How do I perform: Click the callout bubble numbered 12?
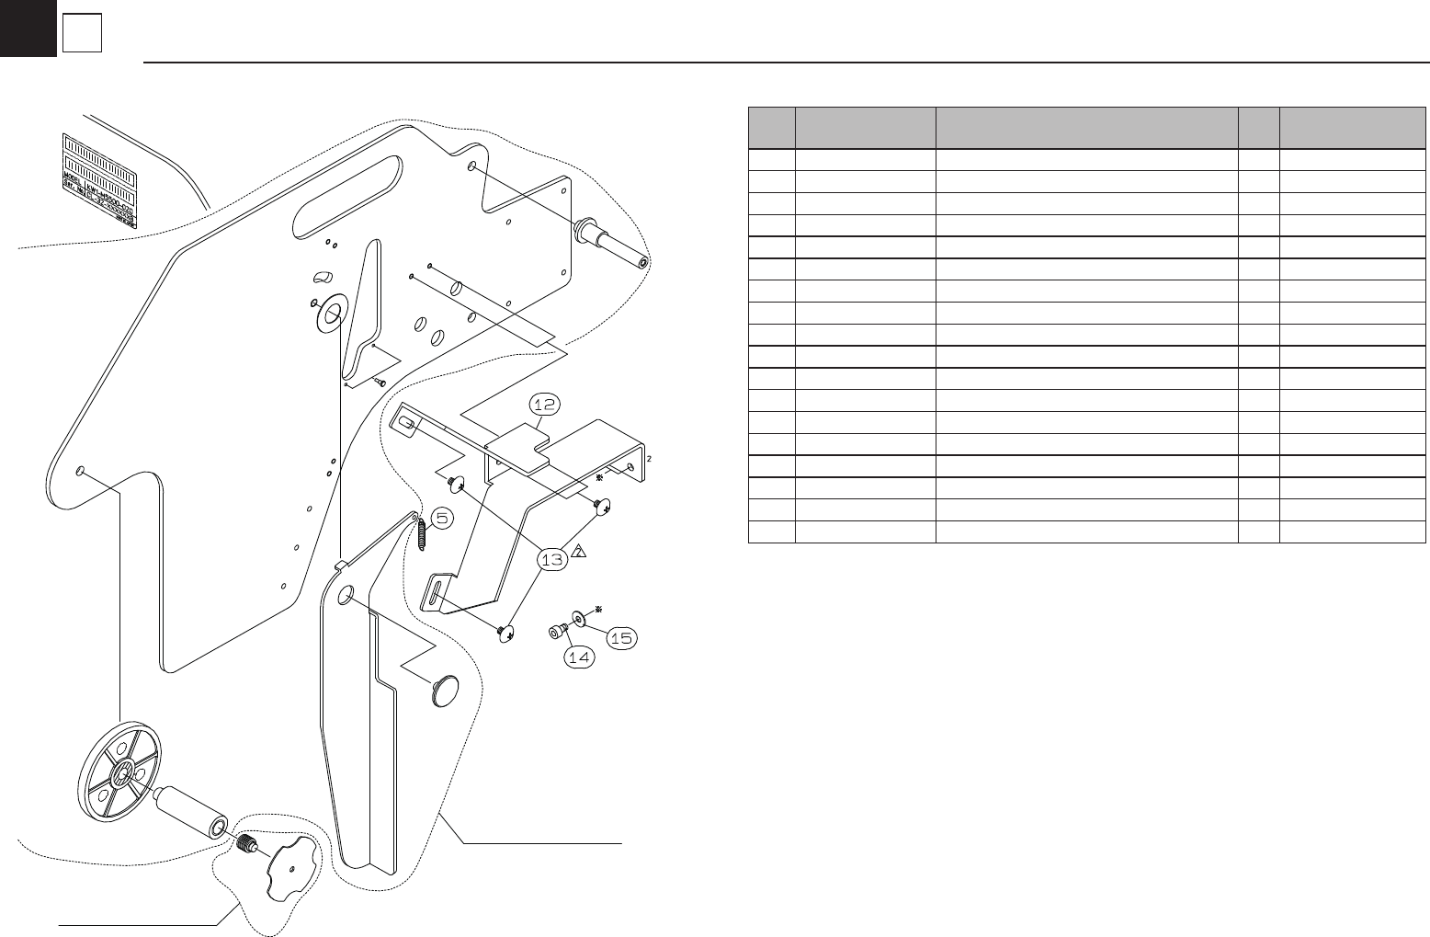coord(544,405)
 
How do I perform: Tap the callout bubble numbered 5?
coord(442,519)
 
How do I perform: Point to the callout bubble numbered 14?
coord(579,657)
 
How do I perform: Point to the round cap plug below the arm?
coord(444,690)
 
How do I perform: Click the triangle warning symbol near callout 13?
coord(580,552)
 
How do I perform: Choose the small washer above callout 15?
coord(579,616)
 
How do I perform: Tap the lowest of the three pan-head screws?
coord(506,634)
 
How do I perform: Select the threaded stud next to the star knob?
coord(245,843)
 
